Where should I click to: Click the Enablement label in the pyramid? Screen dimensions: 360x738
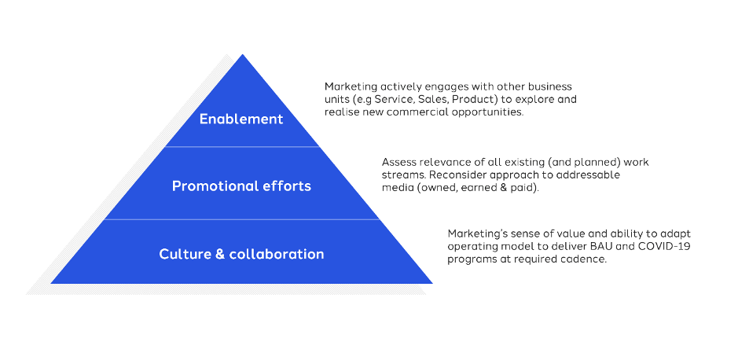pos(240,119)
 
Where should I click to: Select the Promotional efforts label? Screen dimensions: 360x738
pos(241,186)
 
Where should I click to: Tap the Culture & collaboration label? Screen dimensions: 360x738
pos(241,254)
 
